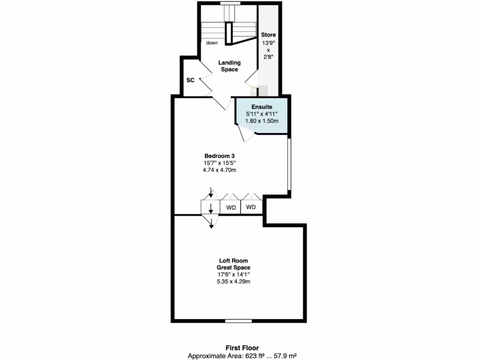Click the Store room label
pyautogui.click(x=269, y=35)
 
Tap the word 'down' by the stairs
pyautogui.click(x=212, y=43)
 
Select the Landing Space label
pyautogui.click(x=230, y=66)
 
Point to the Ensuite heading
pyautogui.click(x=262, y=107)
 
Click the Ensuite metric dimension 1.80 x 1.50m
pyautogui.click(x=262, y=121)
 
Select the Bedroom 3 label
pyautogui.click(x=219, y=156)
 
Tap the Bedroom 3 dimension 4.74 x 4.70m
pyautogui.click(x=219, y=170)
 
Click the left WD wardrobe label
pyautogui.click(x=231, y=207)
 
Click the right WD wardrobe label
pyautogui.click(x=251, y=207)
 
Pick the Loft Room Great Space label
pyautogui.click(x=233, y=264)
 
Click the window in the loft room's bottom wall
pyautogui.click(x=239, y=321)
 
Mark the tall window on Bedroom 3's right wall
pyautogui.click(x=289, y=164)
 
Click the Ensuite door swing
pyautogui.click(x=246, y=134)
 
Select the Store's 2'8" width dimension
pyautogui.click(x=269, y=57)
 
